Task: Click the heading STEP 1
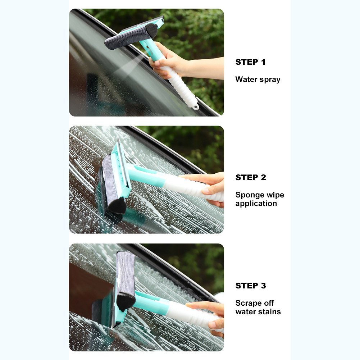pyautogui.click(x=250, y=62)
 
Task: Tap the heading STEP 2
pyautogui.click(x=250, y=177)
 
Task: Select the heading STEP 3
pyautogui.click(x=250, y=286)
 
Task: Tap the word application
pyautogui.click(x=256, y=204)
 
